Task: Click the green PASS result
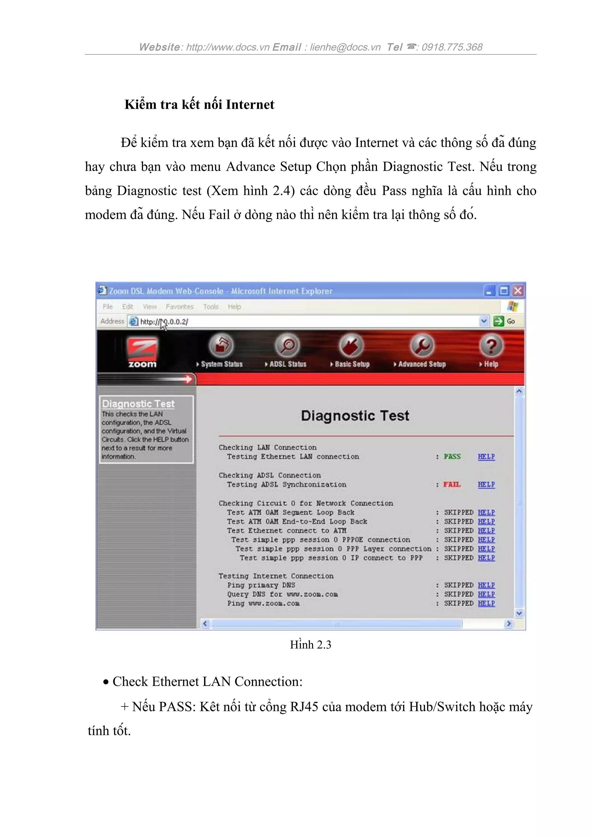click(x=452, y=457)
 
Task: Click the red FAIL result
click(x=452, y=484)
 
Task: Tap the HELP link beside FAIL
click(x=486, y=484)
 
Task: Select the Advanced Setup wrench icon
click(x=422, y=345)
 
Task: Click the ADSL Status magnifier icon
click(x=287, y=345)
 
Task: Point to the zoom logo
click(x=142, y=352)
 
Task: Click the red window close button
click(x=518, y=291)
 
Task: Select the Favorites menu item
click(x=180, y=307)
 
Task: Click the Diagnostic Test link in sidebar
click(x=138, y=404)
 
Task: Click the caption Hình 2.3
click(x=311, y=645)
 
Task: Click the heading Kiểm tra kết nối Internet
click(x=199, y=104)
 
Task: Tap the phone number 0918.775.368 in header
click(x=452, y=47)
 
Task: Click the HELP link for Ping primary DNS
click(x=486, y=585)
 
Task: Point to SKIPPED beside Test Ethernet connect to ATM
click(x=459, y=530)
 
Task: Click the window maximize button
click(x=504, y=291)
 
